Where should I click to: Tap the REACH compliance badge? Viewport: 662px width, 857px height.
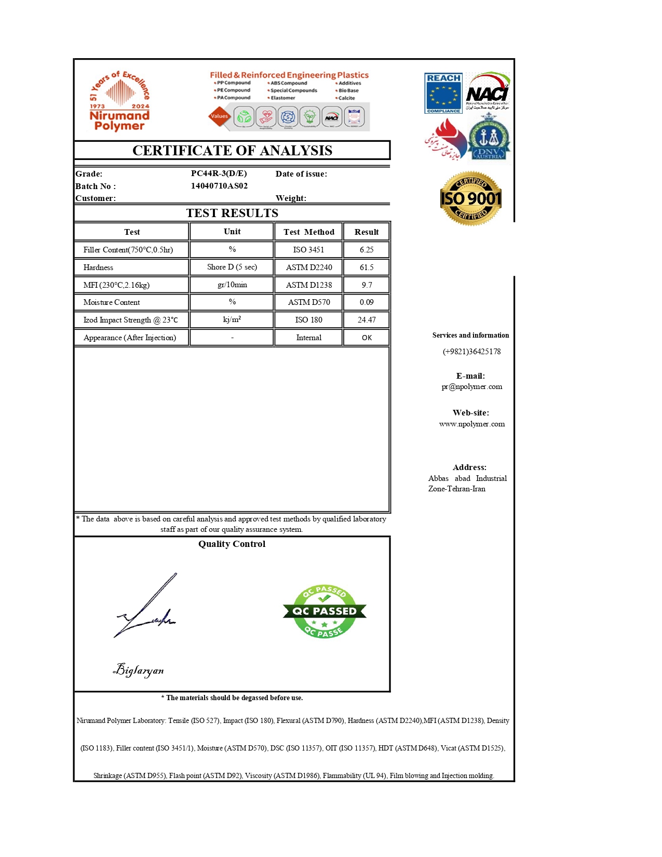[443, 93]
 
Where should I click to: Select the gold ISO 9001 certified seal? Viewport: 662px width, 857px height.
[470, 198]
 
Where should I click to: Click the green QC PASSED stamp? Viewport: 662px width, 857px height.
[325, 611]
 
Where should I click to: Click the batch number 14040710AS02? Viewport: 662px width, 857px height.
[219, 186]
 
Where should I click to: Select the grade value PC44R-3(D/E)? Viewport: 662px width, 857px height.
[219, 173]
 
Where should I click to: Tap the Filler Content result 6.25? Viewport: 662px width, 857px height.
[367, 250]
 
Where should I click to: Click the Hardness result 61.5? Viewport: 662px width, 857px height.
[367, 267]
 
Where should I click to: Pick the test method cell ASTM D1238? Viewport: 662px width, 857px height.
[309, 285]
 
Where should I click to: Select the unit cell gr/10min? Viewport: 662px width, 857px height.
[232, 285]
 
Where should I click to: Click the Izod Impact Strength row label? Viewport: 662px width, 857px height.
[130, 320]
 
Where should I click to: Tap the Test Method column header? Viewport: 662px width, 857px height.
[309, 232]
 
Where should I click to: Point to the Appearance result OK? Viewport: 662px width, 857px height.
[367, 338]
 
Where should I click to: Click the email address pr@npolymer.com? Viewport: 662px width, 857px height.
[471, 386]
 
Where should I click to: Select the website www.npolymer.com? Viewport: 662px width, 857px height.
[471, 424]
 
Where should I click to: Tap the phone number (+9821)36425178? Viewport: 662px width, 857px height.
[471, 352]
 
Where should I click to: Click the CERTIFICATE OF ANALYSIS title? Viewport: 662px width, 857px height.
[232, 151]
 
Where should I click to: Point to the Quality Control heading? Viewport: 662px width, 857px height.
[232, 544]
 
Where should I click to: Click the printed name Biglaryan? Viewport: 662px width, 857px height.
[139, 670]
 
